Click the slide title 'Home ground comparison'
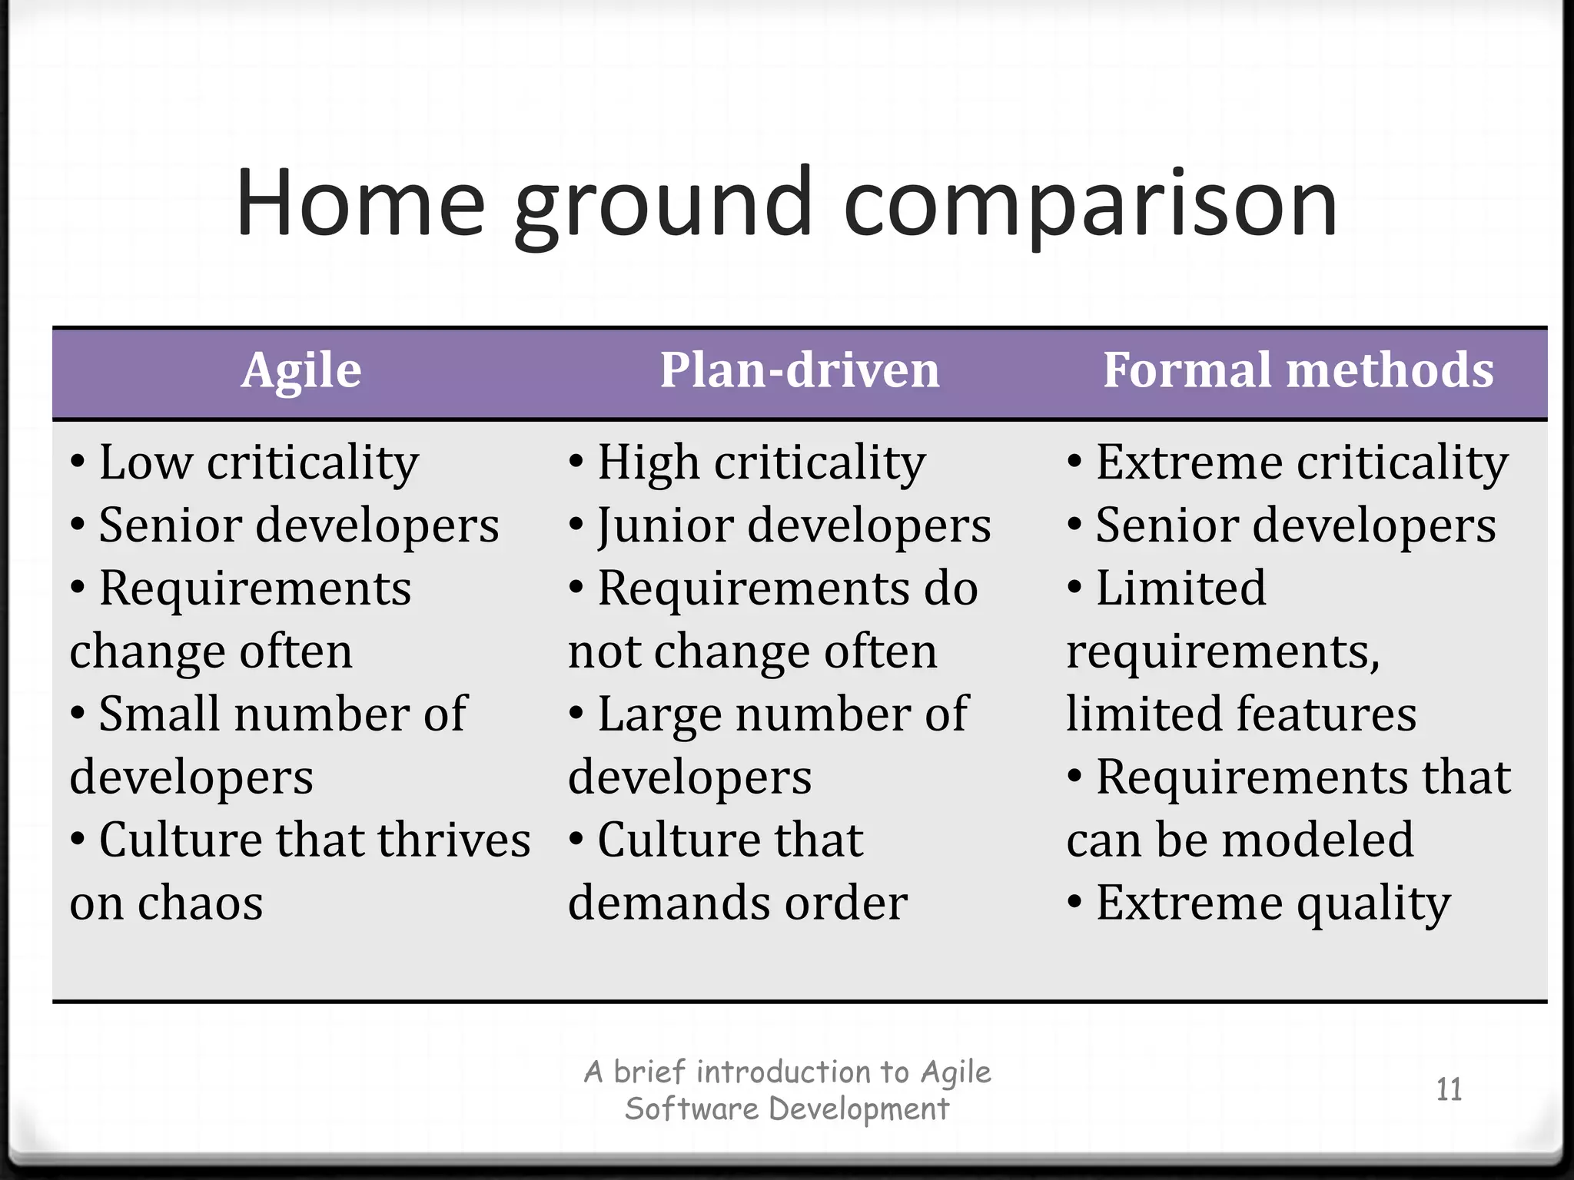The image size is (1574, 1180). tap(786, 204)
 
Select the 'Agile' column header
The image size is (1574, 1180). tap(301, 371)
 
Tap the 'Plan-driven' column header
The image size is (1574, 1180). tap(799, 371)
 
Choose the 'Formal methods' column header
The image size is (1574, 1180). tap(1298, 371)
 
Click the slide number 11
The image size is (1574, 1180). tap(1449, 1089)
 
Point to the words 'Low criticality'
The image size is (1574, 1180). tap(259, 463)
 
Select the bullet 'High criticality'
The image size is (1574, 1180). tap(761, 463)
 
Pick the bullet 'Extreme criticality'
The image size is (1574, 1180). tap(1301, 463)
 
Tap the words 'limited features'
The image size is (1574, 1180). tap(1241, 714)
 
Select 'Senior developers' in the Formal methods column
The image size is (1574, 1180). tap(1296, 526)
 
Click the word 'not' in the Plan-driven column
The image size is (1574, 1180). tap(604, 653)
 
